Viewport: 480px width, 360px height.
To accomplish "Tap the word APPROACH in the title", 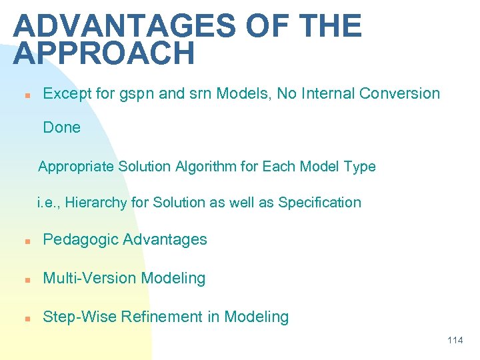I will (103, 54).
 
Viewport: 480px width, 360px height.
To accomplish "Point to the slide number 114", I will (455, 341).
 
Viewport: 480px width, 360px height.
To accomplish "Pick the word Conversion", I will (399, 93).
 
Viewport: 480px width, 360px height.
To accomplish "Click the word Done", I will (61, 127).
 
